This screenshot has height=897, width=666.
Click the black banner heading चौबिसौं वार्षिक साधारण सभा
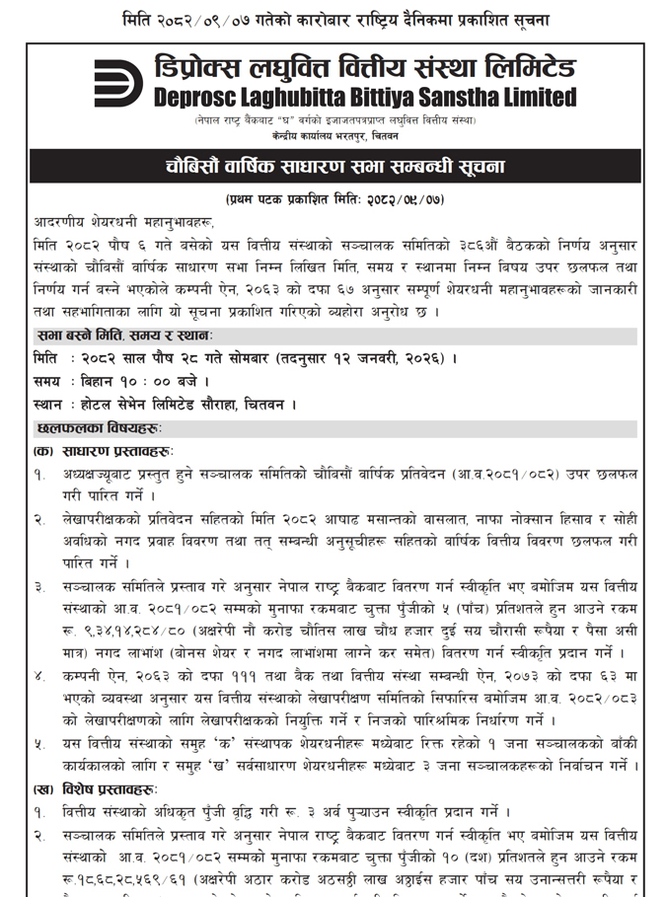333,165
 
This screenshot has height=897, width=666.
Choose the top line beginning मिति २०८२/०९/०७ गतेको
333,21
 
